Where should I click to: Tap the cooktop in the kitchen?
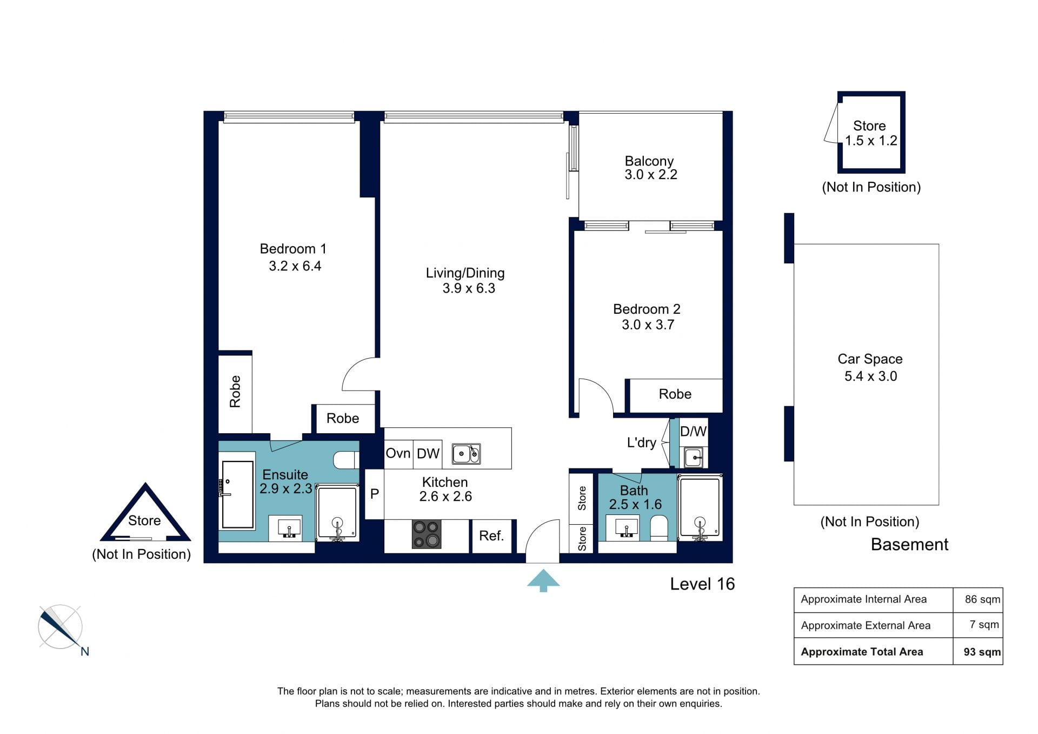tap(427, 534)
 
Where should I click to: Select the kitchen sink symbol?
tap(466, 454)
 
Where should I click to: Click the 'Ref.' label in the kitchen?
tap(491, 535)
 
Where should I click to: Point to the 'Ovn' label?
tap(398, 453)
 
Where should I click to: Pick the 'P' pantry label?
tap(374, 494)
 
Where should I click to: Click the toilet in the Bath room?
tap(658, 528)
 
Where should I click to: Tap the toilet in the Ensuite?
tap(346, 460)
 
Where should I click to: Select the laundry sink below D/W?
tap(694, 458)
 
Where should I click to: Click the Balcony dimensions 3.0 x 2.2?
tap(651, 175)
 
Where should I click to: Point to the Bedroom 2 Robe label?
tap(675, 394)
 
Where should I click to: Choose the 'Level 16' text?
tap(702, 584)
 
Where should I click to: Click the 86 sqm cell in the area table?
tap(982, 599)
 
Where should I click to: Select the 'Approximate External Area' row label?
tap(866, 626)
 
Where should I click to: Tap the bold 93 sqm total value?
tap(982, 652)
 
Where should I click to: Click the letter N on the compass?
tap(85, 652)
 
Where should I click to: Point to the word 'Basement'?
tap(909, 545)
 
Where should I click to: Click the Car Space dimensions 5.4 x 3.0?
tap(870, 376)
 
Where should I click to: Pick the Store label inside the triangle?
tap(144, 521)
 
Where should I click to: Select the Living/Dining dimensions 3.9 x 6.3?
tap(469, 288)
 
